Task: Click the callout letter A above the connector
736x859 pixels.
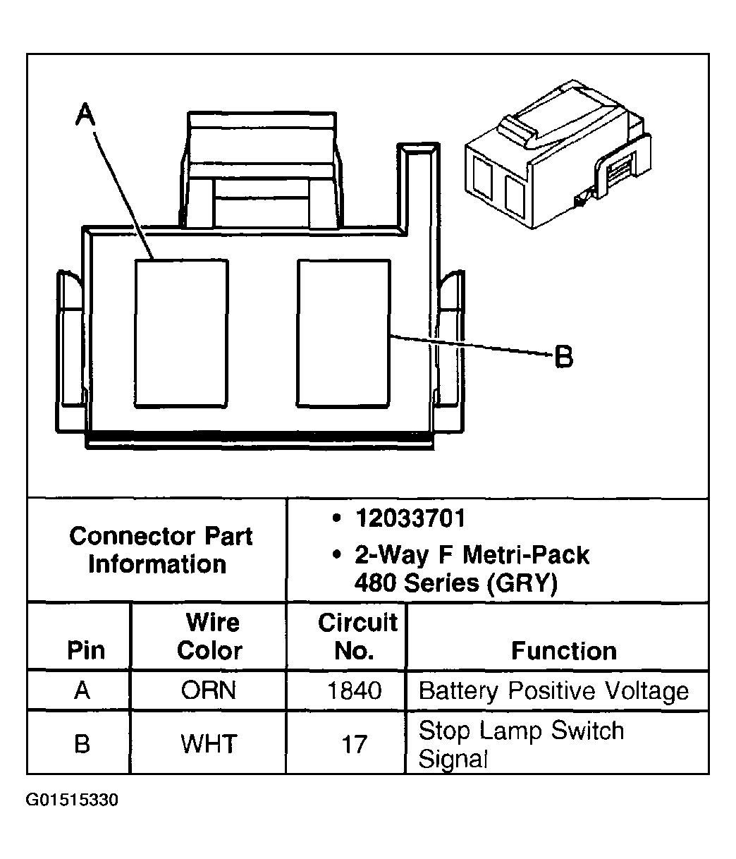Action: point(85,114)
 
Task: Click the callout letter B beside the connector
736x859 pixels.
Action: point(564,357)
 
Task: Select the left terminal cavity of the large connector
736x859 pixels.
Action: point(181,333)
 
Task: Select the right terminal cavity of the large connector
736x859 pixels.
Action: point(343,333)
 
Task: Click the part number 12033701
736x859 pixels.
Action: point(410,519)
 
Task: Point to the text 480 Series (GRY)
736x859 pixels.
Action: point(455,583)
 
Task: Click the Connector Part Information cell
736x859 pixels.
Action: point(160,550)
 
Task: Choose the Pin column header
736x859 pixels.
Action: point(86,650)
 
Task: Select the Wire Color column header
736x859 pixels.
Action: point(210,636)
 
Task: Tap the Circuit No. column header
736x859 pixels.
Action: point(357,636)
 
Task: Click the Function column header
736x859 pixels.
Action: point(563,650)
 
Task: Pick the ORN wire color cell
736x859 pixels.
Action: point(209,690)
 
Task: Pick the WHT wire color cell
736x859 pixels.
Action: point(209,743)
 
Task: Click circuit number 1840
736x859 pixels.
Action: point(354,690)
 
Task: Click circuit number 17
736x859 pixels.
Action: point(354,743)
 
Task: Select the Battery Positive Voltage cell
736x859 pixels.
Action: point(553,690)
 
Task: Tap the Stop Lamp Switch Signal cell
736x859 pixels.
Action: point(521,744)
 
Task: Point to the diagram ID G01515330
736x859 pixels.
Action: point(72,800)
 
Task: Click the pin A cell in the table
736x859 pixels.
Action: point(82,690)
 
